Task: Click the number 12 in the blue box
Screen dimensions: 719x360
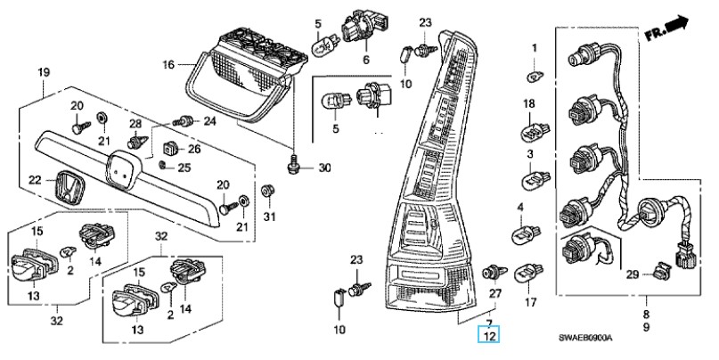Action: tap(490, 336)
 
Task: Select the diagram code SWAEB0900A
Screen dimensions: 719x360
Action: tap(584, 338)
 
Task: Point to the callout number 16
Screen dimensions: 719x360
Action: tap(168, 65)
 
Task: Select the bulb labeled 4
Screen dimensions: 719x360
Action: tap(526, 235)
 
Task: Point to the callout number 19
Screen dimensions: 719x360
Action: tap(44, 72)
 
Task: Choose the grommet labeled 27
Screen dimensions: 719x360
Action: tap(494, 273)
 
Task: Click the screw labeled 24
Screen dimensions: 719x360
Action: tap(183, 121)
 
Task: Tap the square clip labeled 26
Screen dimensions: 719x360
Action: tap(170, 148)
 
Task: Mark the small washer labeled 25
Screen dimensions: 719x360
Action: tap(162, 165)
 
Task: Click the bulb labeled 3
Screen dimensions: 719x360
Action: tap(536, 179)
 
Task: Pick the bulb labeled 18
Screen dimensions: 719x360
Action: tap(535, 132)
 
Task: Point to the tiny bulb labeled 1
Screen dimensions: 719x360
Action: tap(535, 76)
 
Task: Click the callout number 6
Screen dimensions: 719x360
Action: tap(366, 60)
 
